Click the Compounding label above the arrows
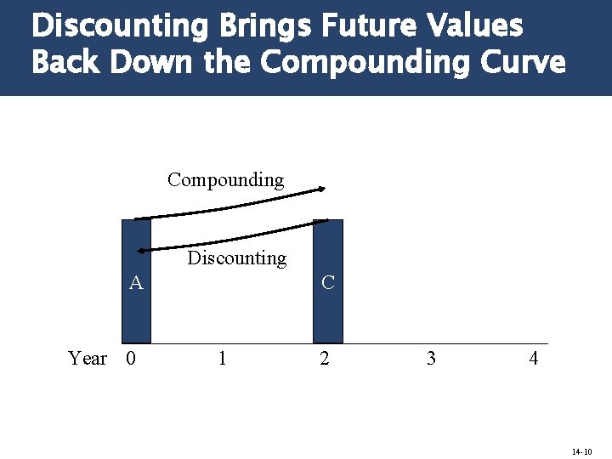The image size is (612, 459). coord(225,179)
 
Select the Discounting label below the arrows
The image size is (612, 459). coord(237,258)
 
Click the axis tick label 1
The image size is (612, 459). coord(222,358)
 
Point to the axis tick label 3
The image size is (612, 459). coord(431,358)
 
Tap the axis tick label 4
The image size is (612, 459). coord(534,358)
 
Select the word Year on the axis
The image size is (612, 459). coord(88,358)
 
